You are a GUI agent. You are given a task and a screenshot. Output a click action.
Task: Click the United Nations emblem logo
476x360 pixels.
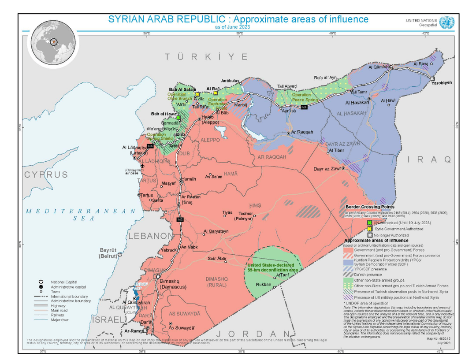click(x=446, y=22)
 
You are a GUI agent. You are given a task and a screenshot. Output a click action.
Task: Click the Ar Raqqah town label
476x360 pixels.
click(x=302, y=132)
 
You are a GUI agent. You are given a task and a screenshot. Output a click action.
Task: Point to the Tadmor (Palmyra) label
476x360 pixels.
click(x=243, y=216)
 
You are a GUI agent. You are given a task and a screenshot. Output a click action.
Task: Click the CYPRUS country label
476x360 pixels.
click(x=46, y=174)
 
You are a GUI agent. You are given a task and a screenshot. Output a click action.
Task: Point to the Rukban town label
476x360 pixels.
click(x=264, y=285)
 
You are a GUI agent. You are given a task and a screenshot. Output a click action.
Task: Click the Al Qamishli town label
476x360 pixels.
click(x=379, y=67)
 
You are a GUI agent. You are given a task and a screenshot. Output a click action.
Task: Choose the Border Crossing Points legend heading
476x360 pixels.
click(x=369, y=206)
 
